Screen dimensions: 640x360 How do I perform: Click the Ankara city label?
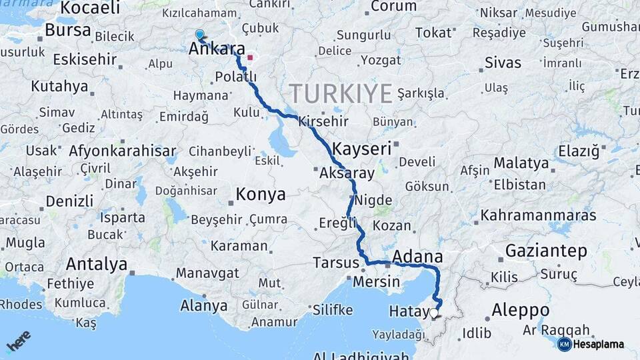point(217,49)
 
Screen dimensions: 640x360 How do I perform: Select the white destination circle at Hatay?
point(434,312)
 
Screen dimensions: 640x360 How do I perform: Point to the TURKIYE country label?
point(340,93)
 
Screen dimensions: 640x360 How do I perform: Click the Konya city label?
point(261,195)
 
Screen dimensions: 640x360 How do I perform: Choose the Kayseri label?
point(361,149)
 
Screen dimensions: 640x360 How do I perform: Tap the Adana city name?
point(418,257)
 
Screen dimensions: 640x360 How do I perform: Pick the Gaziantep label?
point(547,251)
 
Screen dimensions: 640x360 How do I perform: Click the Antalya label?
point(97,264)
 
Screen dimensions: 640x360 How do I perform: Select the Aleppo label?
point(521,310)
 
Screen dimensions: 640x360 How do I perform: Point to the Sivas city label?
point(503,63)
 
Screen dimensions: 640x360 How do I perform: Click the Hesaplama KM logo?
point(591,344)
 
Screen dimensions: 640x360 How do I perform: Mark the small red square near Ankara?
point(250,58)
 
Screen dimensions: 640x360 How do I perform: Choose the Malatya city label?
point(521,163)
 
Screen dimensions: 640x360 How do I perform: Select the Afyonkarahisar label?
point(123,151)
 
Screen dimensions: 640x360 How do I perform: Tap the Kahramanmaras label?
point(539,215)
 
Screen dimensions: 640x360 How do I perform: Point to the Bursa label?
point(69,30)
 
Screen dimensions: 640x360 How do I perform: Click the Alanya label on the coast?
point(204,306)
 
